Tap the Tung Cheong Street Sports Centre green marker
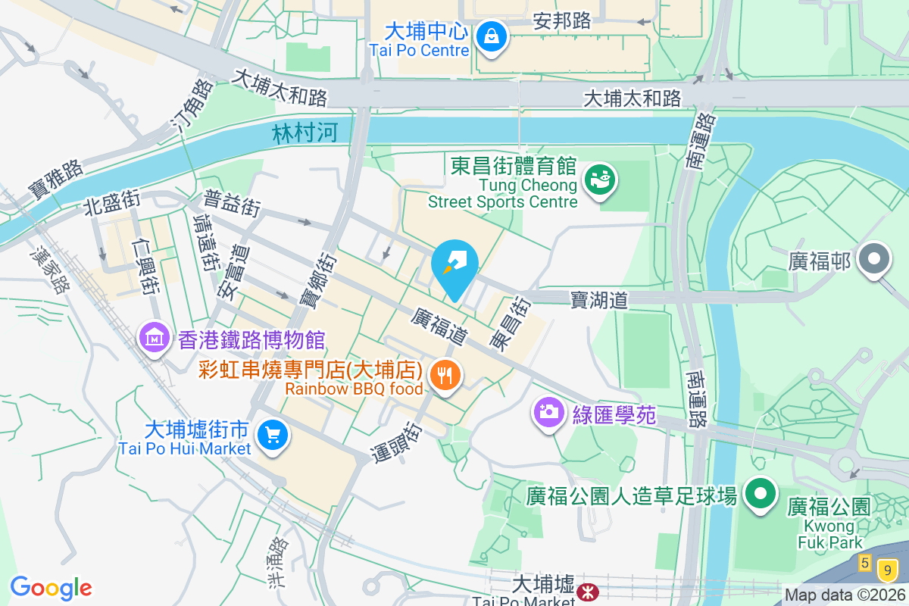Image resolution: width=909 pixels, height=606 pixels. [601, 180]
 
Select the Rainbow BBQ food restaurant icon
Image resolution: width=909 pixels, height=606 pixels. [445, 374]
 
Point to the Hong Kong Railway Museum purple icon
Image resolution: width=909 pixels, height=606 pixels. [155, 339]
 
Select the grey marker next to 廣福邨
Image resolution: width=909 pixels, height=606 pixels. [875, 258]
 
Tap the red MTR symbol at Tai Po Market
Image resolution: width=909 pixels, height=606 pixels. [586, 590]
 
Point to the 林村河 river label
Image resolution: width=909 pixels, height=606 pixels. [305, 134]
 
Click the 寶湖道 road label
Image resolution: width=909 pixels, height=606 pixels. [599, 300]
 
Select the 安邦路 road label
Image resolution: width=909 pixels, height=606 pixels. [562, 20]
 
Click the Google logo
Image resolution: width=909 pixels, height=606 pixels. [51, 588]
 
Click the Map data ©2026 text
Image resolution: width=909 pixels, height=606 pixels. [845, 595]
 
